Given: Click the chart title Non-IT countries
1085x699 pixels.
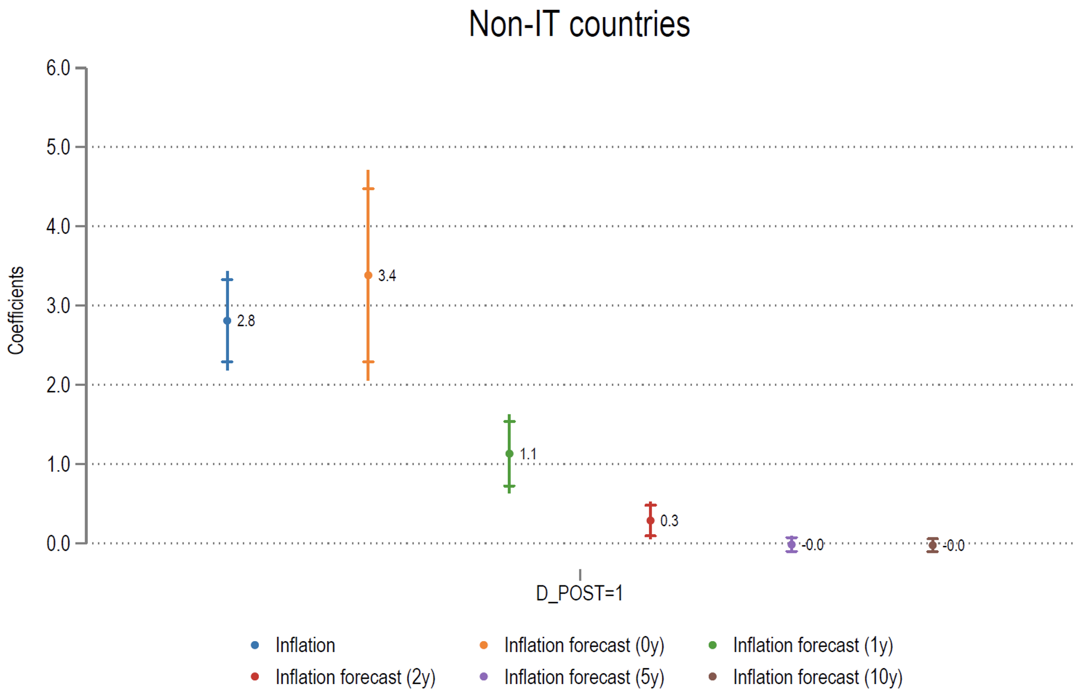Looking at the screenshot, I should [579, 25].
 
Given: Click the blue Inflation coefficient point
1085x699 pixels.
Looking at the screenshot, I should [227, 321].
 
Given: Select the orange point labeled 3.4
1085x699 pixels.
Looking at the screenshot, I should [368, 275].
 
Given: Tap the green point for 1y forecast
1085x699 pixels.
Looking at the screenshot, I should [509, 454].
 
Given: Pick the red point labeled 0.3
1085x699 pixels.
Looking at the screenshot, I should [651, 520].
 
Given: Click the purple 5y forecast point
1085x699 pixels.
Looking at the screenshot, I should [791, 545].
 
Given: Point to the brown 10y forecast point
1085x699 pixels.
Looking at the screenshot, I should [933, 545].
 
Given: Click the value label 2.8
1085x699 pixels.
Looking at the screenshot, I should [246, 321].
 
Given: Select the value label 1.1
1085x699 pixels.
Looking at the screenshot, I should [528, 454].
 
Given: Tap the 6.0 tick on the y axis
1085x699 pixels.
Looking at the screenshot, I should [58, 68].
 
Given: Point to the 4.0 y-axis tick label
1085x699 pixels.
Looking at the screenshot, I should [58, 227].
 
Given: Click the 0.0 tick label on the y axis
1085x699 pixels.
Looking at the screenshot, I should [58, 544].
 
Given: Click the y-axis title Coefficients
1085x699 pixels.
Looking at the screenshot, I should [16, 310].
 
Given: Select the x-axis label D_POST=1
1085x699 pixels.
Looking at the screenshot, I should [579, 593].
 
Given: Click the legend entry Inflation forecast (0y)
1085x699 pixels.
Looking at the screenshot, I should [584, 646].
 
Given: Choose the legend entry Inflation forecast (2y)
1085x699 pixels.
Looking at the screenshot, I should [355, 678].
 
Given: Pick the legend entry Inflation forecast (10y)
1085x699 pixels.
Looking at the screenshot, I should [817, 678].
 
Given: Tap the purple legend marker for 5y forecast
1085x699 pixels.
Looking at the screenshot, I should [484, 677].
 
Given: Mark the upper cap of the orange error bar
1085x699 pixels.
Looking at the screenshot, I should [368, 189].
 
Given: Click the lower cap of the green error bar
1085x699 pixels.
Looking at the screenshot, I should [509, 486].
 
